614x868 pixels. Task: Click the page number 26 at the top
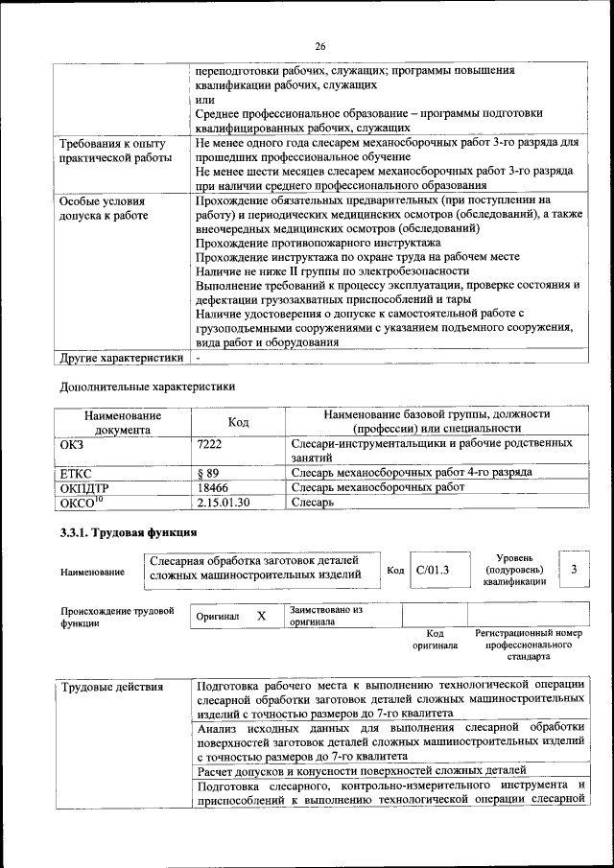pyautogui.click(x=319, y=45)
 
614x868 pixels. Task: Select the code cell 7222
pyautogui.click(x=208, y=444)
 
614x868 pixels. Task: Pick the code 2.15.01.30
pyautogui.click(x=223, y=502)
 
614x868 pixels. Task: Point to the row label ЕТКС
pyautogui.click(x=77, y=474)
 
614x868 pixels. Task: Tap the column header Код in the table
pyautogui.click(x=238, y=422)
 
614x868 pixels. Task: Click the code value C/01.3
pyautogui.click(x=435, y=571)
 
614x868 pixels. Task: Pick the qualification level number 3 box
pyautogui.click(x=574, y=570)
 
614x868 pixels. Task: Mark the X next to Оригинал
pyautogui.click(x=260, y=616)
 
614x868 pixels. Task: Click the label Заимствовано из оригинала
pyautogui.click(x=326, y=615)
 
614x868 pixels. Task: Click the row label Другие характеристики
pyautogui.click(x=121, y=359)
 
